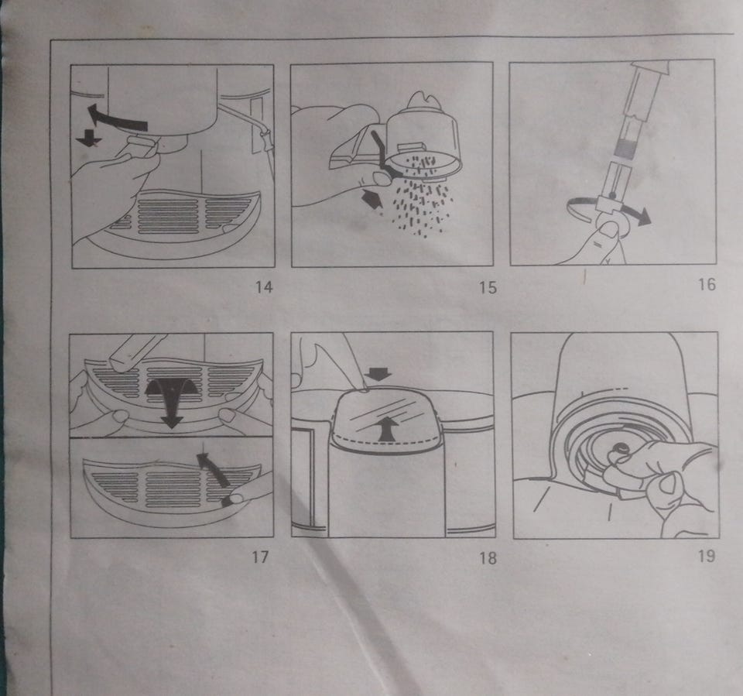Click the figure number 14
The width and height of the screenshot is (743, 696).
coord(264,287)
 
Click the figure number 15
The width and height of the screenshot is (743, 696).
coord(488,287)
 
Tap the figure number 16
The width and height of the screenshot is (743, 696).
coord(707,284)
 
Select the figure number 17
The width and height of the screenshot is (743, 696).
coord(260,557)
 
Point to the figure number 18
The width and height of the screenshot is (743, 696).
coord(488,557)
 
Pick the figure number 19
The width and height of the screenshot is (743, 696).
coord(707,556)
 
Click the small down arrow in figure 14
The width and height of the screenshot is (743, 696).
coord(88,138)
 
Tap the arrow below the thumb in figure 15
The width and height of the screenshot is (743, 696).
coord(372,200)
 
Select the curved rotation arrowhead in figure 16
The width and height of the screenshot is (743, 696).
coord(642,217)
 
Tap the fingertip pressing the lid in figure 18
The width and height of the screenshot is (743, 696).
coord(363,387)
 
